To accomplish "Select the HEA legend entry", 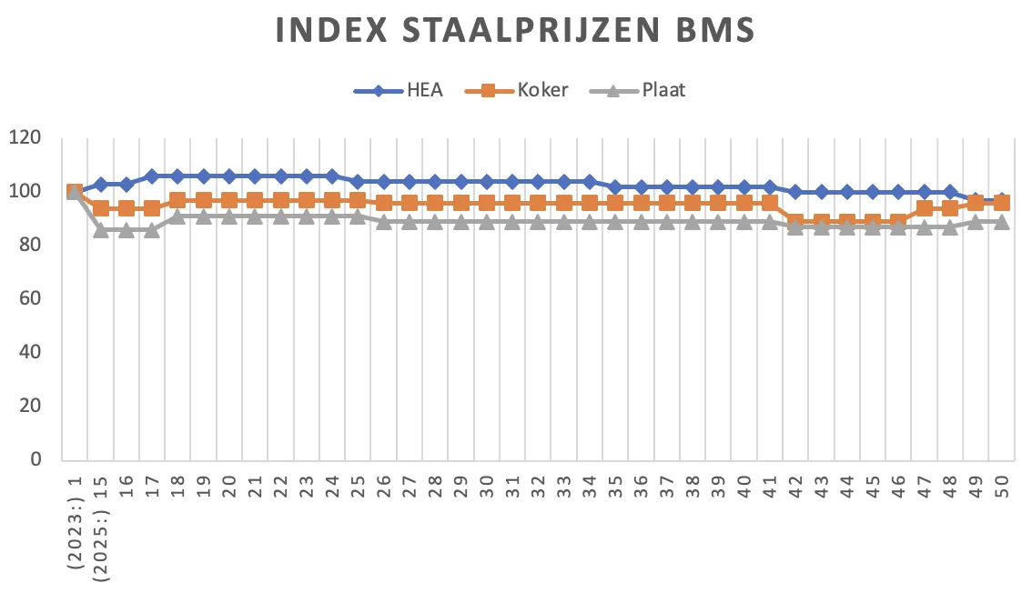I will [x=425, y=90].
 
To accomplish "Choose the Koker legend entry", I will [x=543, y=90].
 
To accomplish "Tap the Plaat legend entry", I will [x=663, y=90].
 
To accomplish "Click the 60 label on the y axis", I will [x=30, y=299].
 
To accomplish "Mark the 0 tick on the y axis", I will [x=35, y=460].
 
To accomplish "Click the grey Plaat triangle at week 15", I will [x=101, y=229].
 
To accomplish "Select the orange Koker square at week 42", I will [x=795, y=222].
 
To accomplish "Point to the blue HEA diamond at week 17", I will [x=152, y=176].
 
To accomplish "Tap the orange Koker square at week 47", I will [x=924, y=208].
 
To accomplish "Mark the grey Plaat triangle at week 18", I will [x=177, y=216].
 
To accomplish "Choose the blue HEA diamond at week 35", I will [x=615, y=187].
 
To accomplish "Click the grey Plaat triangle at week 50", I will [x=1001, y=221].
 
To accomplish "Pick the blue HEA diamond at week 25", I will [x=358, y=182].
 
